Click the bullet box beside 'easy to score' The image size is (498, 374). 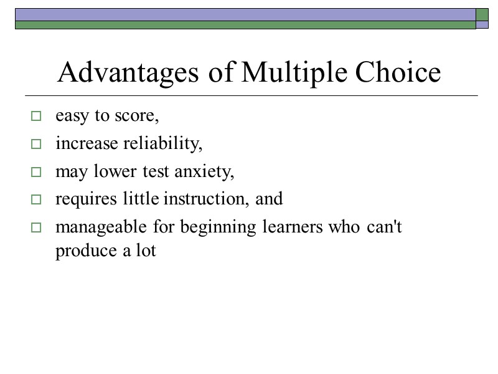coord(35,116)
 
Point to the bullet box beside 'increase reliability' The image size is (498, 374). coord(35,144)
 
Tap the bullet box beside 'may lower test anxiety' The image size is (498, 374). coord(35,172)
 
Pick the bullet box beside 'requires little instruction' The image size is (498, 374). coord(35,200)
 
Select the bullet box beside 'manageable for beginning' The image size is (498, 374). coord(35,228)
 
